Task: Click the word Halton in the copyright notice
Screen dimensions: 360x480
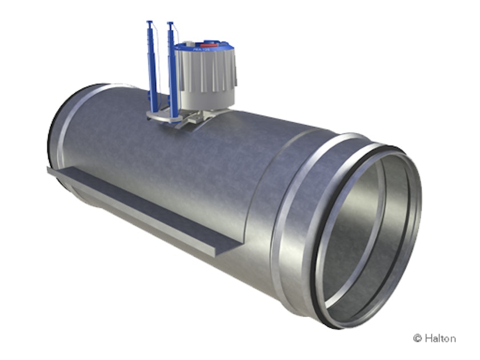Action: (x=441, y=338)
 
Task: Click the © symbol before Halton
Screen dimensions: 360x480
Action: (x=417, y=338)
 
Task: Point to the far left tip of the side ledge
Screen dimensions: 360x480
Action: (x=49, y=169)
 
